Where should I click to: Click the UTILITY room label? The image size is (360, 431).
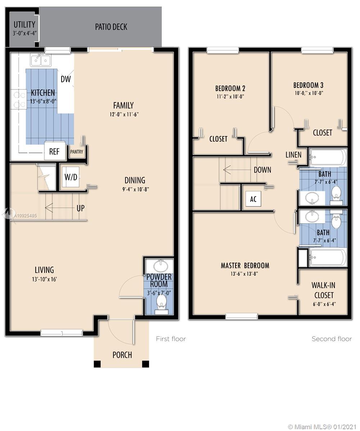[24, 25]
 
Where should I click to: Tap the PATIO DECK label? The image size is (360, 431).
[111, 27]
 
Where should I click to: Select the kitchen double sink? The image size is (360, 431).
[40, 60]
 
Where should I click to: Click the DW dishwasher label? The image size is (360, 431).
[66, 79]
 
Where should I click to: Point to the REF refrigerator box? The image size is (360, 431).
[54, 151]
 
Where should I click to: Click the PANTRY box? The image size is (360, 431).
[77, 152]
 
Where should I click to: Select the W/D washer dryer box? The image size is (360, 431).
[71, 177]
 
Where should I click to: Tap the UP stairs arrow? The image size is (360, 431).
[54, 208]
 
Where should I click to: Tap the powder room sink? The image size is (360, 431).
[161, 267]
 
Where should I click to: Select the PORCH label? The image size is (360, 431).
[122, 355]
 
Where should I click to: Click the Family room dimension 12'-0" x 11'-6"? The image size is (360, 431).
[123, 114]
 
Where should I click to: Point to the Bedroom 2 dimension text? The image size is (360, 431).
[230, 96]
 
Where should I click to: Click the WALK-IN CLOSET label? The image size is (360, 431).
[324, 290]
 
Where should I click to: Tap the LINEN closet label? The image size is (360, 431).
[293, 155]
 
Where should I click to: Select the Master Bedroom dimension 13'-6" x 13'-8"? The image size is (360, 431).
[245, 274]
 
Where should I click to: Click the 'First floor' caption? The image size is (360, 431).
[171, 339]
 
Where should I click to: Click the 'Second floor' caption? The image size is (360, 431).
[332, 339]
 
